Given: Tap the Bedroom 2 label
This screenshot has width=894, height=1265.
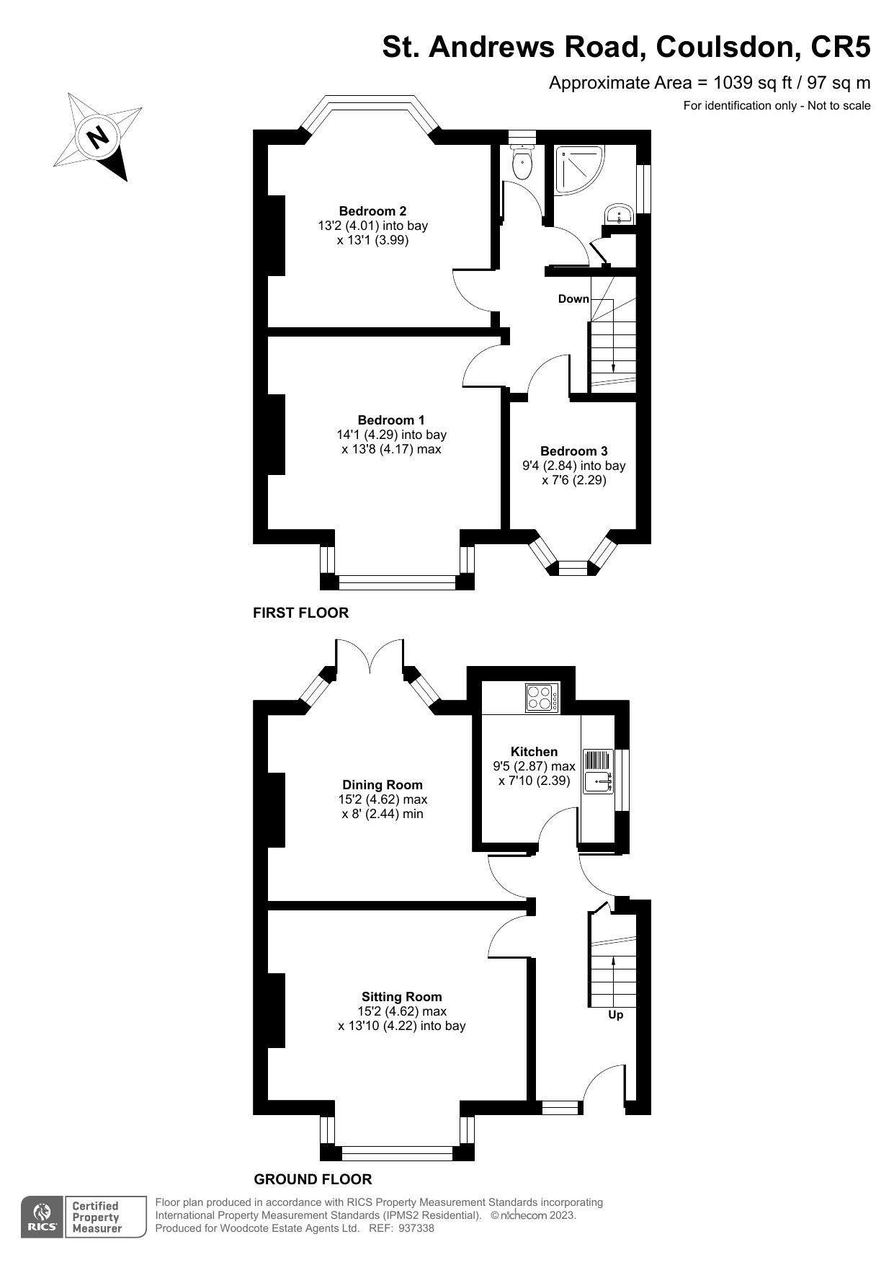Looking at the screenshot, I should tap(372, 211).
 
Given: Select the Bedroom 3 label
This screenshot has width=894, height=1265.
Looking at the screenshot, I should tap(573, 451).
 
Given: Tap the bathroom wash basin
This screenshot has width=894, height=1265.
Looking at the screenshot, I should tap(619, 214).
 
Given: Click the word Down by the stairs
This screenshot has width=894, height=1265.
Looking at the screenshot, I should tap(573, 298).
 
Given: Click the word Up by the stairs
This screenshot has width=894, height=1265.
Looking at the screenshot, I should tap(616, 1015).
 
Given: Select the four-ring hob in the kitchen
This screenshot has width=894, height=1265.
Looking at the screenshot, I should tap(542, 698).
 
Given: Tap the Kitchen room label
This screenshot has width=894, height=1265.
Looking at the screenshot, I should tap(534, 752).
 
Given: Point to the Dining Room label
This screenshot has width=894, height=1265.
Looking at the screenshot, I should tap(383, 785).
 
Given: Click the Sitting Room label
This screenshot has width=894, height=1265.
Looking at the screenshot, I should tap(401, 997).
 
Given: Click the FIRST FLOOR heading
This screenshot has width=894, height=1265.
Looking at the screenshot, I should tap(300, 613).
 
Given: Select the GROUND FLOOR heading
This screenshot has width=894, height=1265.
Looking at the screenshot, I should tap(313, 1179).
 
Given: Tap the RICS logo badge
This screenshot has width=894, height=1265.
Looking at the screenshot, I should tap(42, 1217).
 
